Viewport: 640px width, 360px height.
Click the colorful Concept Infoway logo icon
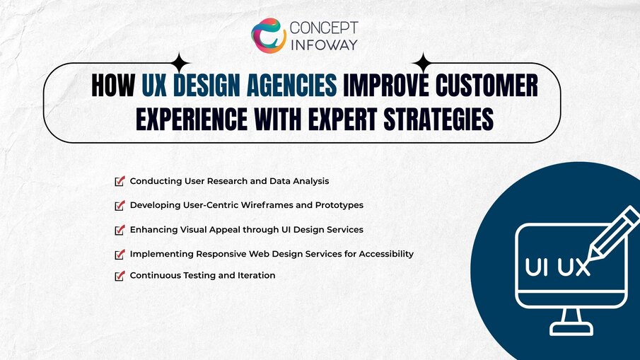(x=269, y=35)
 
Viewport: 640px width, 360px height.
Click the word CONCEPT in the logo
(x=325, y=28)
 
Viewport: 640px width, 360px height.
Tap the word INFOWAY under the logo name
(x=325, y=45)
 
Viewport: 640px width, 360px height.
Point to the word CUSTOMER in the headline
(x=488, y=86)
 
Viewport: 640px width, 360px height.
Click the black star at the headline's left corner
(x=180, y=63)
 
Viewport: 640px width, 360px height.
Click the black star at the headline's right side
(x=422, y=63)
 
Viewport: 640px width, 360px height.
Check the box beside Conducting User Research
(x=120, y=181)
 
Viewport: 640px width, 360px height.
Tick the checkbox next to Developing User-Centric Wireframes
(x=120, y=205)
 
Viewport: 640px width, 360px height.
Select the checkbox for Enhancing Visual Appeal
(x=120, y=230)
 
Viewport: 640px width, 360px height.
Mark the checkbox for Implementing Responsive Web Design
(x=120, y=253)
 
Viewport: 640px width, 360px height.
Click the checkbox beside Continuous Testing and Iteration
(x=120, y=275)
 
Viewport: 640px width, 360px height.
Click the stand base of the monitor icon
(x=571, y=329)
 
